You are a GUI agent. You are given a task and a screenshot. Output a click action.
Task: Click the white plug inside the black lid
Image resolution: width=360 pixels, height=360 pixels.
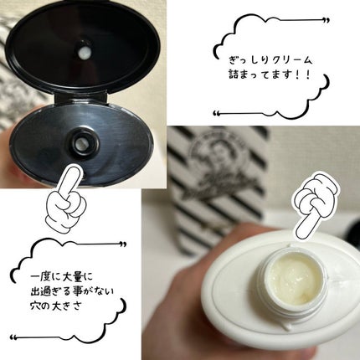pyautogui.click(x=84, y=52)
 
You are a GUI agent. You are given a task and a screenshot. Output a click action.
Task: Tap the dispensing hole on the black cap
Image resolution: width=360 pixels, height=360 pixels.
pyautogui.click(x=81, y=143)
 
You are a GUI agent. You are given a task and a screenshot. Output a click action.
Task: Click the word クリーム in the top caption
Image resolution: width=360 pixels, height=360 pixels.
pyautogui.click(x=291, y=60)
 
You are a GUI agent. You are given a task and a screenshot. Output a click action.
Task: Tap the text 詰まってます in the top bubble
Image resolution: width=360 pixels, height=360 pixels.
pyautogui.click(x=262, y=75)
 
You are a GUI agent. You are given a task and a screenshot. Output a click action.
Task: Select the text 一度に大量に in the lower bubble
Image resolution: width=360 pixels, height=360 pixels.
pyautogui.click(x=61, y=277)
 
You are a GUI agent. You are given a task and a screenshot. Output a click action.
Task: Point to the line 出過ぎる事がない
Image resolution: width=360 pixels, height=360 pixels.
pyautogui.click(x=72, y=292)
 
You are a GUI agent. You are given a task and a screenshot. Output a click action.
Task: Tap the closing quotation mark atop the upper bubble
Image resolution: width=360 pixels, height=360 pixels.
pyautogui.click(x=326, y=21)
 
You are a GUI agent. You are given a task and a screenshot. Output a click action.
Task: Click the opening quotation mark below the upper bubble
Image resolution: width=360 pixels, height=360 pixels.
pyautogui.click(x=216, y=113)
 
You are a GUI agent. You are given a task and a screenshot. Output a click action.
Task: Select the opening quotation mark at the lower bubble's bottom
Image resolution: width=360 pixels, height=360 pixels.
pyautogui.click(x=13, y=337)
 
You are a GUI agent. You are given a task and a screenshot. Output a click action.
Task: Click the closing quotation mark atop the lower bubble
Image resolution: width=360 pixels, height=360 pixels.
pyautogui.click(x=123, y=244)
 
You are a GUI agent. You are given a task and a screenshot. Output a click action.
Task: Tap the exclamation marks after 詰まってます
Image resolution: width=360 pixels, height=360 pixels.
pyautogui.click(x=305, y=75)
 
